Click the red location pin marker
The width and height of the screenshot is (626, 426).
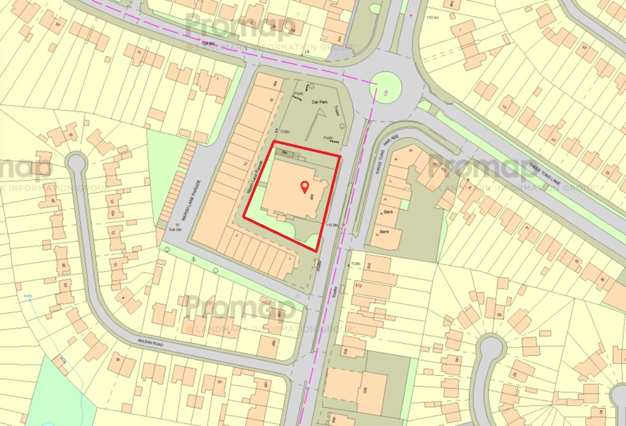pos(304,187)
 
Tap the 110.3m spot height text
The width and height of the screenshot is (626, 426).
pos(432,18)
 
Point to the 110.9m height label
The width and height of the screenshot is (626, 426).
pos(333,225)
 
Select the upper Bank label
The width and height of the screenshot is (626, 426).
pos(387,212)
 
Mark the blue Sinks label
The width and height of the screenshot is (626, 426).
pos(27,297)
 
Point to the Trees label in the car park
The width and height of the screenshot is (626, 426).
pos(336,110)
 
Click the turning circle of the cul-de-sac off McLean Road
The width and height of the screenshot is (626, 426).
pos(76,162)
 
